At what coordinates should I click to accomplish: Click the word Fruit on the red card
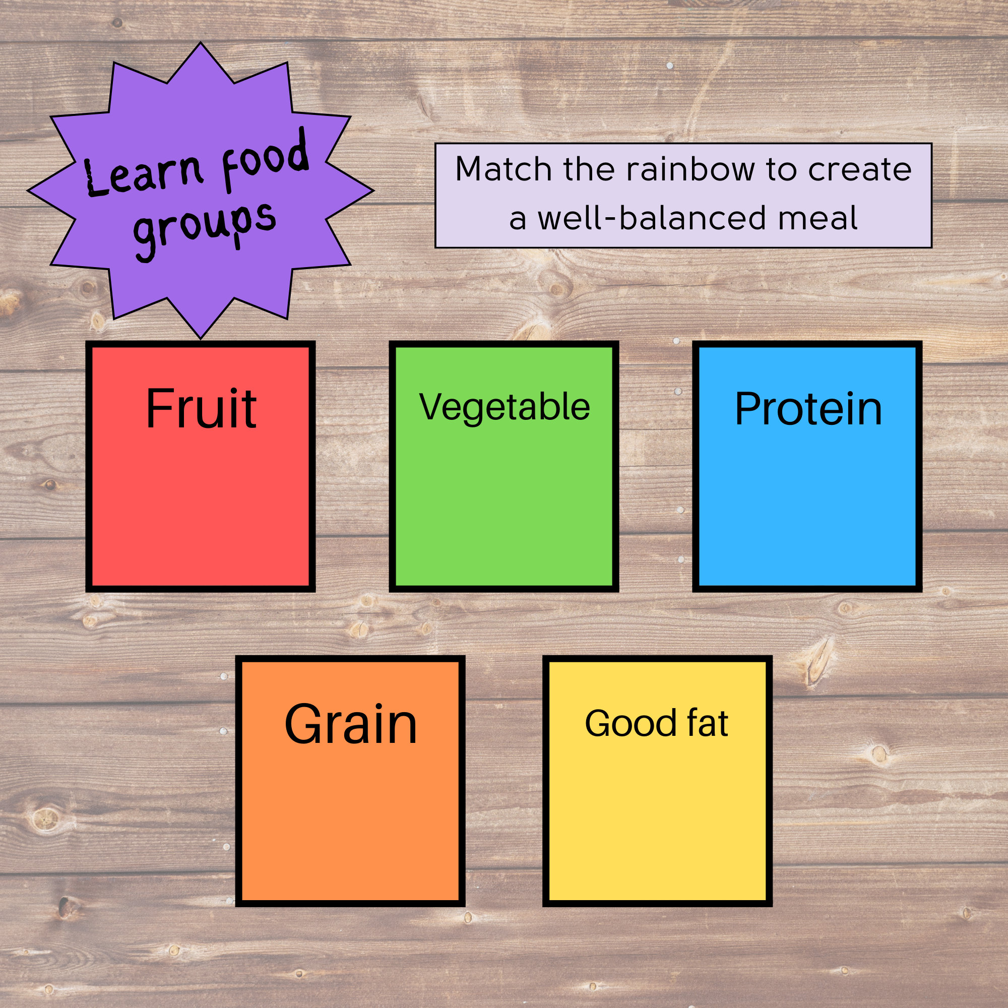pos(201,409)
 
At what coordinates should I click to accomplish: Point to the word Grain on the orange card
pos(351,725)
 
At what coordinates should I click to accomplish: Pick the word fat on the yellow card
pos(708,724)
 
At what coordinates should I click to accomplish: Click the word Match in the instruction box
pos(503,169)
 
